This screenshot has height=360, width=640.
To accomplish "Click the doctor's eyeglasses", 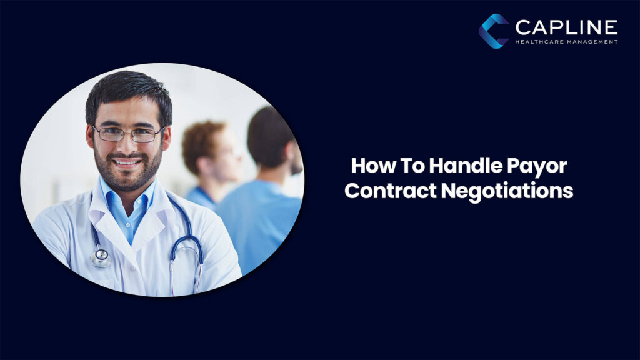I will click(128, 133).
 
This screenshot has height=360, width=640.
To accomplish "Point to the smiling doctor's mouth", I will click(127, 162).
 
